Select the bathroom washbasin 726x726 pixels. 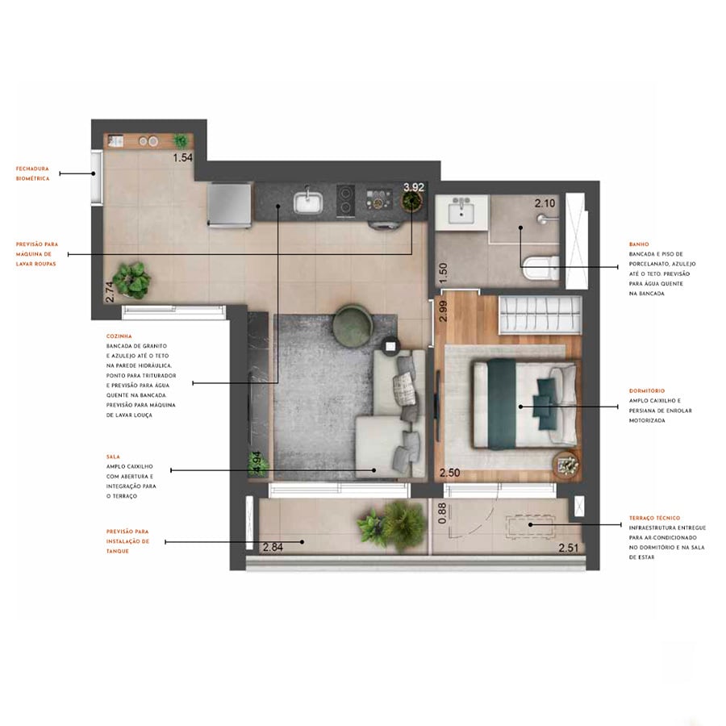coord(462,212)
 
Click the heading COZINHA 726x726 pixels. coord(119,336)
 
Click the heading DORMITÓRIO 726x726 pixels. coord(647,390)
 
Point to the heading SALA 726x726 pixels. coord(113,457)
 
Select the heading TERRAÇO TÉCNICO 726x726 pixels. coord(654,518)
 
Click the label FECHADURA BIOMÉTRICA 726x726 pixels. coord(33,173)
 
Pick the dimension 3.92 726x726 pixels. coord(414,187)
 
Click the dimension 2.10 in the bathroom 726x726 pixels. coord(545,203)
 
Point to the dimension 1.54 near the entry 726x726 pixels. coord(183,158)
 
